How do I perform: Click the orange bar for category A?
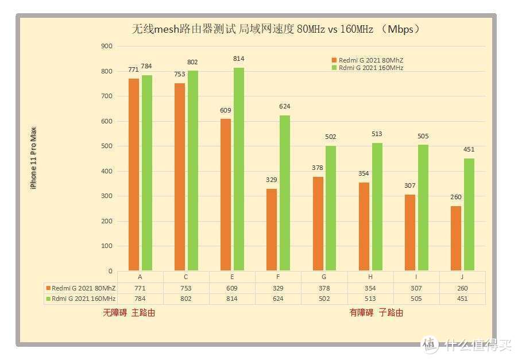coord(134,175)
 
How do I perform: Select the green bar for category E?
coord(239,169)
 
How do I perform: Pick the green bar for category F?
coord(285,193)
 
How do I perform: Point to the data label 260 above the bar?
coord(455,198)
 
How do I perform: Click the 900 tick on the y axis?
coord(106,47)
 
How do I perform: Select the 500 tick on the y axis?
coord(106,146)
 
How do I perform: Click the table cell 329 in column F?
coord(278,288)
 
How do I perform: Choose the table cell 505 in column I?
coord(416,299)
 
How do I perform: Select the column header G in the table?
coord(324,277)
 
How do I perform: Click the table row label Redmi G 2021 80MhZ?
coord(81,288)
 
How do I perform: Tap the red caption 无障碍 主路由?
coord(129,313)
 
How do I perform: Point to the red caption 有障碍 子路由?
coord(376,313)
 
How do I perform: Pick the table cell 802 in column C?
coord(186,299)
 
